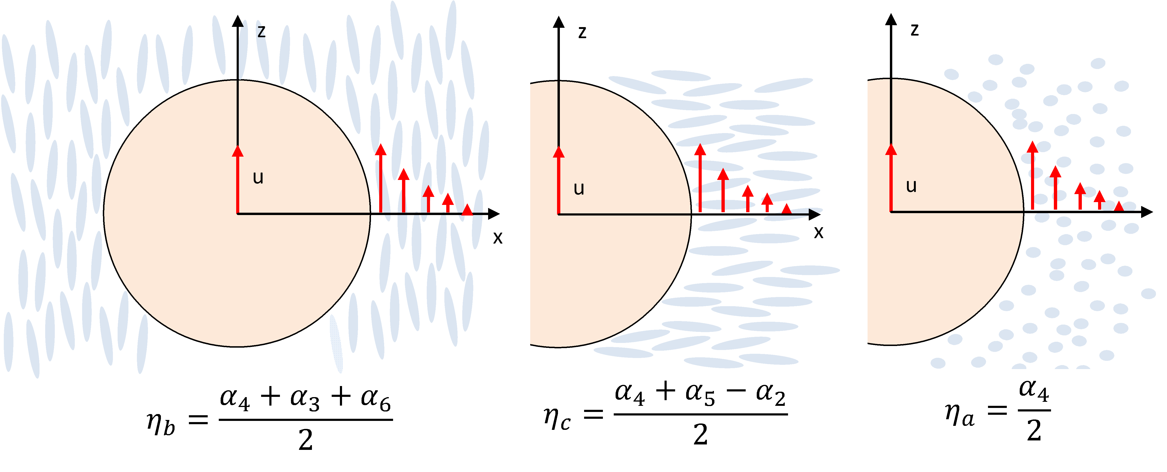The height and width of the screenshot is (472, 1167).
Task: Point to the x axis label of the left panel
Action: (498, 238)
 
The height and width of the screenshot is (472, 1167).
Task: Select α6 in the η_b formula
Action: (376, 399)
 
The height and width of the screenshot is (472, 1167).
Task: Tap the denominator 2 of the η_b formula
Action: (305, 440)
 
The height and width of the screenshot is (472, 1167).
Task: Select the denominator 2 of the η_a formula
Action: (1034, 431)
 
